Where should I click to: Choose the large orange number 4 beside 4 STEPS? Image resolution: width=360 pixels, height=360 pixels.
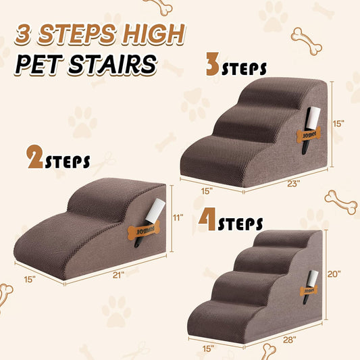click(x=208, y=222)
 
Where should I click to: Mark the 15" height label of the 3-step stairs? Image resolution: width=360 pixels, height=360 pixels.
click(x=339, y=124)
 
